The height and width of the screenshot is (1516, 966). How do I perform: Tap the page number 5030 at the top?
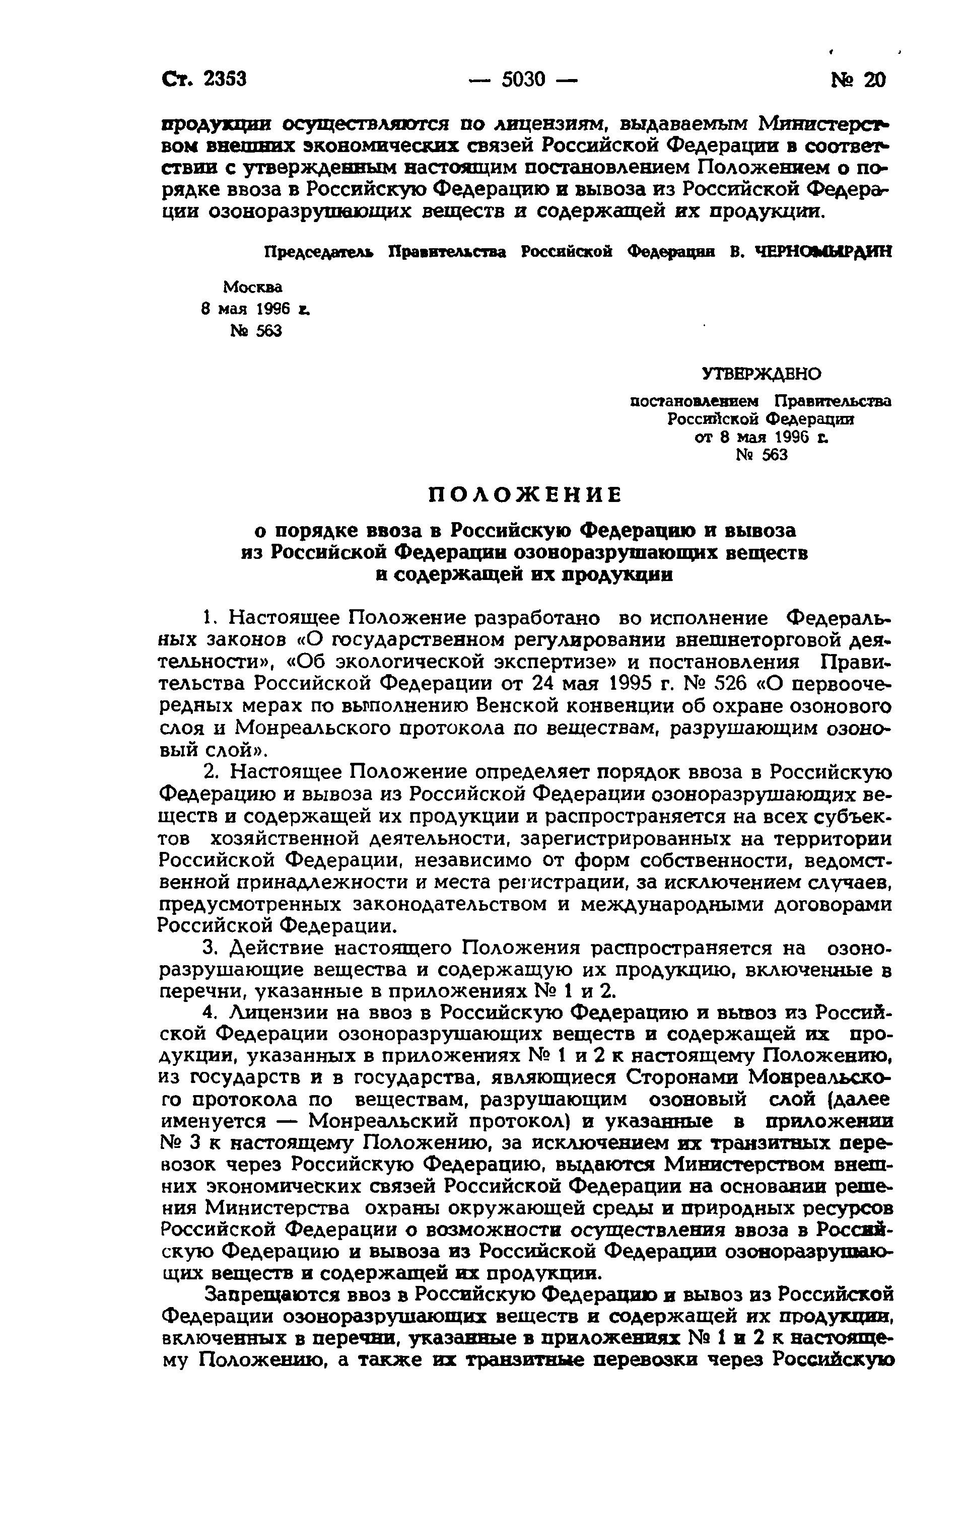pos(523,80)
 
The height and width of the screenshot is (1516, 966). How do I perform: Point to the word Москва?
pos(252,287)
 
